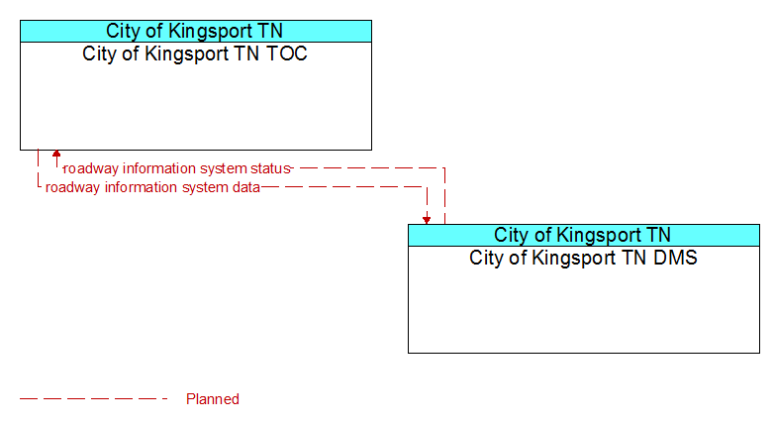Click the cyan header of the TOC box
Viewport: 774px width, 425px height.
196,31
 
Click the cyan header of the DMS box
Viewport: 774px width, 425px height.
584,235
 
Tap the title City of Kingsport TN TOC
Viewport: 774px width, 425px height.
195,53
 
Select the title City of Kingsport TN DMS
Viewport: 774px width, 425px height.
583,258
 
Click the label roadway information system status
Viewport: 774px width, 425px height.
177,168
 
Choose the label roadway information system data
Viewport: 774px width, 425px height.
152,187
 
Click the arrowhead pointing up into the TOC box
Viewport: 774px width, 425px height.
56,154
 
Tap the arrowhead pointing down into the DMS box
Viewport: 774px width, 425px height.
427,220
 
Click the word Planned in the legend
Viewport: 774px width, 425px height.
213,399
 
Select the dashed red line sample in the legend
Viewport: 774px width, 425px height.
94,399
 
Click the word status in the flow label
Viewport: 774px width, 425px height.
270,168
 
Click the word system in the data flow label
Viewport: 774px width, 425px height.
205,188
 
